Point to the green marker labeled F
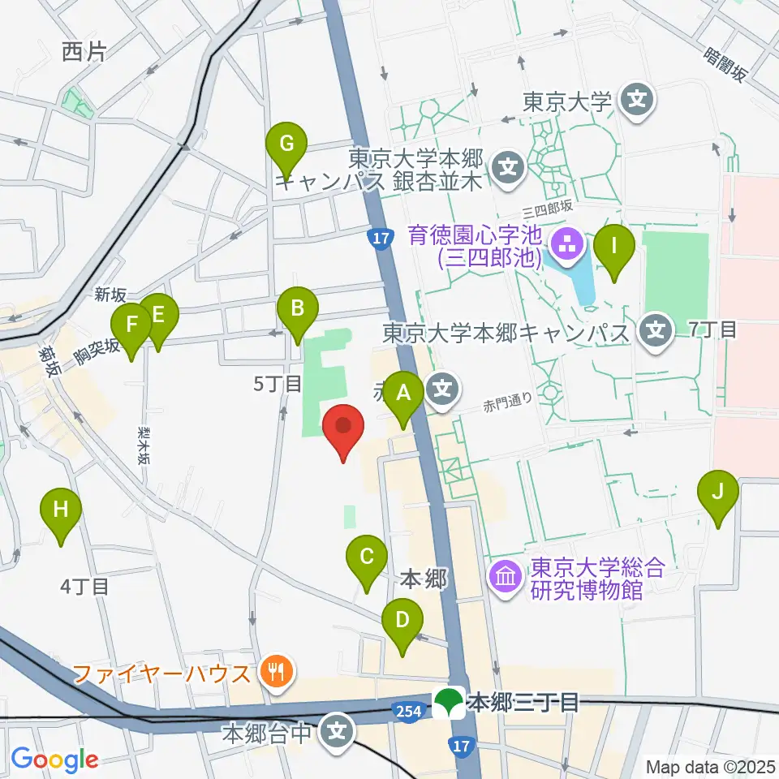point(132,327)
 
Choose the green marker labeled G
point(286,145)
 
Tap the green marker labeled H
point(62,511)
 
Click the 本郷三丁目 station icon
point(449,702)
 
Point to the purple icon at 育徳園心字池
point(566,241)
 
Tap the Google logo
point(54,760)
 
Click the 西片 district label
point(84,53)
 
